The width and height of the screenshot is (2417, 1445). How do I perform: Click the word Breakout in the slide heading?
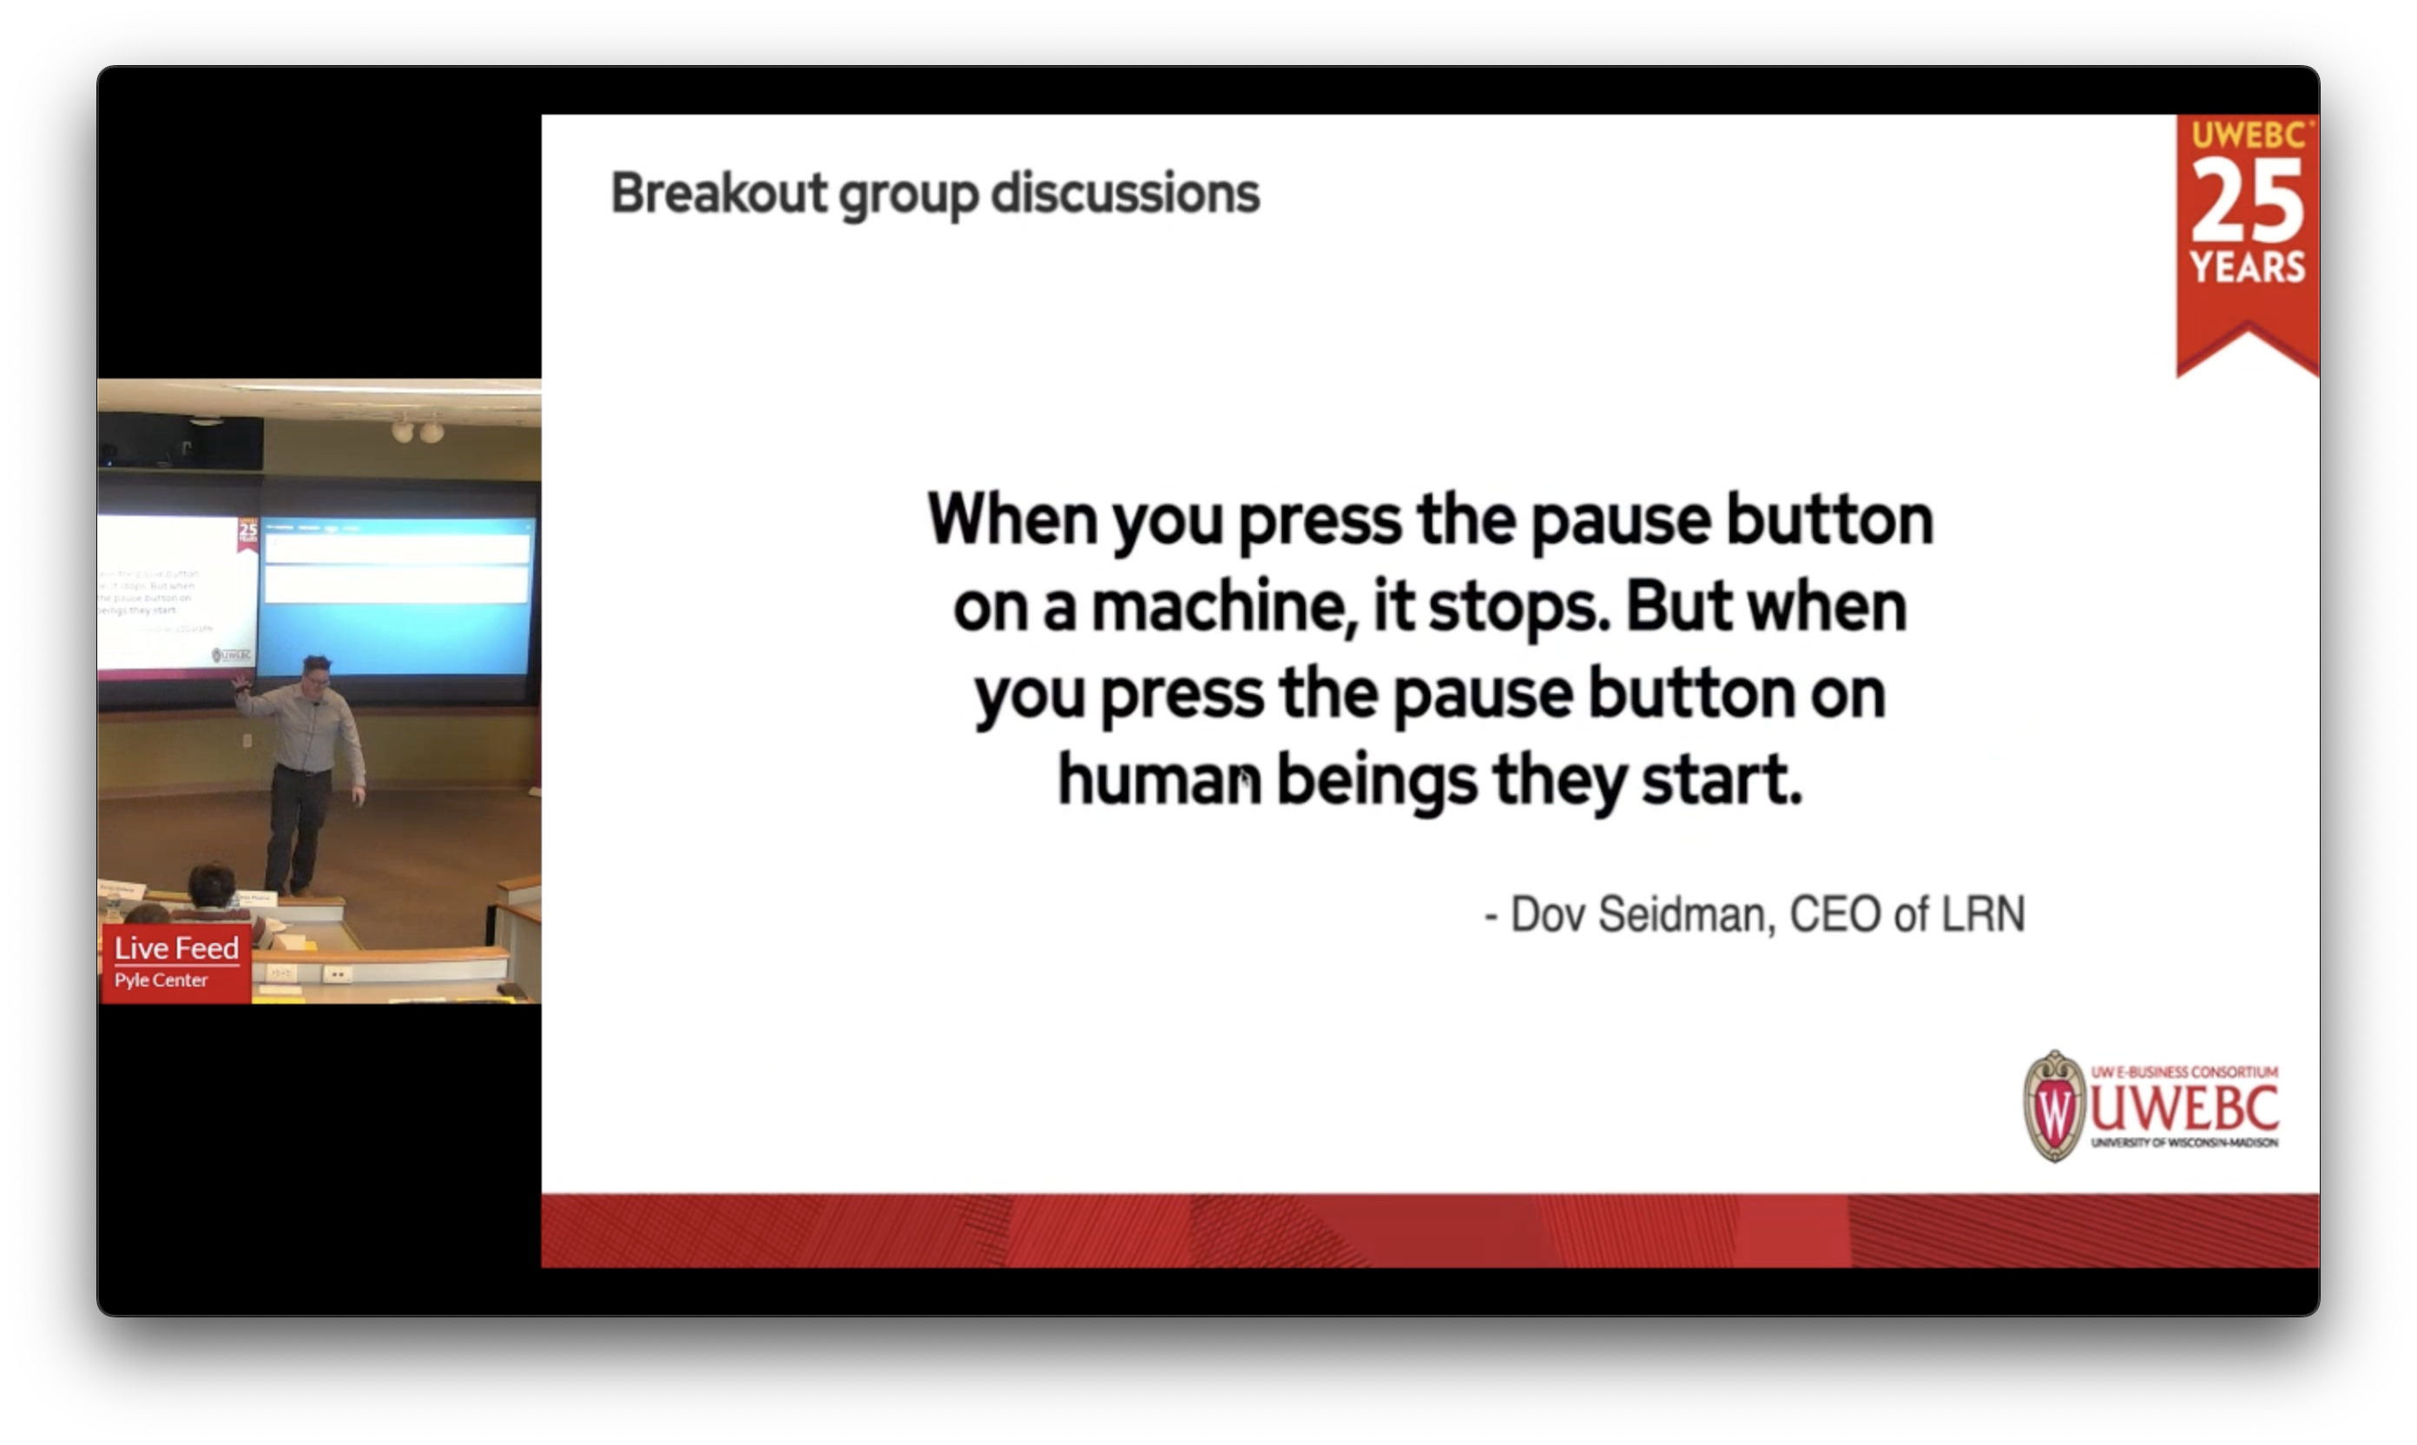(x=718, y=193)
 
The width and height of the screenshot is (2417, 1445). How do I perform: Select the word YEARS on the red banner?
(x=2247, y=267)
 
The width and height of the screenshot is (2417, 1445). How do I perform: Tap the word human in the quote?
(x=1158, y=779)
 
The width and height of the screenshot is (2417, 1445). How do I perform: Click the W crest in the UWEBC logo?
(x=2054, y=1107)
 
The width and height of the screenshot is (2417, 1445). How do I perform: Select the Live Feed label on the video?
(x=176, y=947)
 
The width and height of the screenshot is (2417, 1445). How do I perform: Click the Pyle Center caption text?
(x=161, y=980)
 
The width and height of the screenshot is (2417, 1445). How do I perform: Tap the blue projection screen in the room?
(x=397, y=624)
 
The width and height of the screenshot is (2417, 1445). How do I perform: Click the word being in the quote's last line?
(x=1374, y=779)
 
